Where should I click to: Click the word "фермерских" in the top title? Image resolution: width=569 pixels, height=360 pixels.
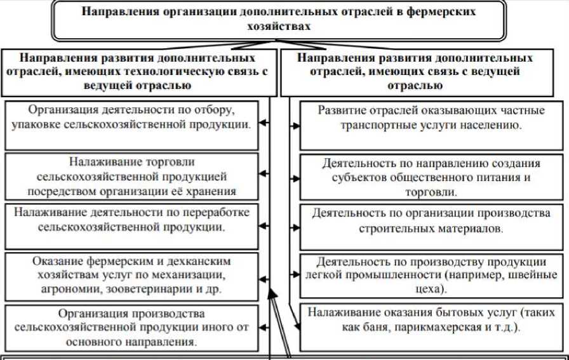click(439, 12)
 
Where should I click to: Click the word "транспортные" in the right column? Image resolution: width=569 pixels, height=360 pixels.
click(380, 125)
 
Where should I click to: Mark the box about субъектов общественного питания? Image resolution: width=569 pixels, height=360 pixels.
click(431, 175)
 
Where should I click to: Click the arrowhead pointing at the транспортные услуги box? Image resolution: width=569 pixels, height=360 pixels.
click(297, 126)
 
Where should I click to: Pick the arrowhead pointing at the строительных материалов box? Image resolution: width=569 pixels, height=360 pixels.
click(297, 227)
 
